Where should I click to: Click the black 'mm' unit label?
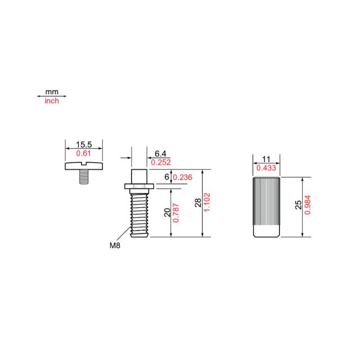tap(52, 92)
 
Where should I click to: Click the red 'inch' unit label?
tap(52, 101)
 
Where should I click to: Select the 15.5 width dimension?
tap(84, 145)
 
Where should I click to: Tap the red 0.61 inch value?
tap(83, 154)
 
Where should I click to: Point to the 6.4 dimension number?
tap(160, 154)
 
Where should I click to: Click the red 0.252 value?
tap(161, 163)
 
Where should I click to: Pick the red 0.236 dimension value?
tap(182, 177)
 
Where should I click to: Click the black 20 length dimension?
tap(168, 213)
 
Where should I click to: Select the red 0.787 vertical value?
tap(176, 213)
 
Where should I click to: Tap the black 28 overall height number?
tap(198, 202)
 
